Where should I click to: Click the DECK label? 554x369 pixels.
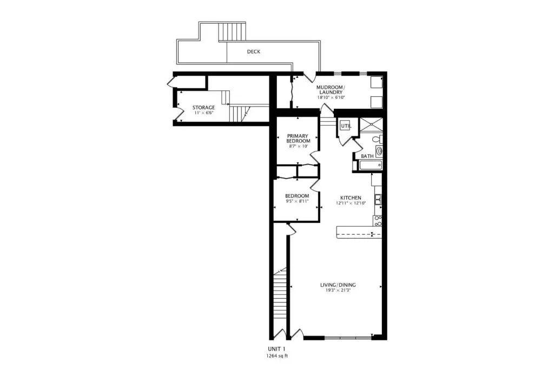click(253, 51)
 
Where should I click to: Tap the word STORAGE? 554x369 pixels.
click(203, 108)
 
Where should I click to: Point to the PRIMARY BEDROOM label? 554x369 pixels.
click(298, 138)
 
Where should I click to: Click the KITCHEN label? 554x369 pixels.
click(351, 198)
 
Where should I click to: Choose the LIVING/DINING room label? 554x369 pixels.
click(338, 285)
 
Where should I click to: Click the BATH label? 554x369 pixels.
click(367, 156)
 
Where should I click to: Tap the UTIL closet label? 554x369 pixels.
click(346, 126)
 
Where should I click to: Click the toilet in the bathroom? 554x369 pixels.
click(378, 139)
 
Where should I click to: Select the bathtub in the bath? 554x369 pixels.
click(371, 165)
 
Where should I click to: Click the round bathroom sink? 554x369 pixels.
click(379, 151)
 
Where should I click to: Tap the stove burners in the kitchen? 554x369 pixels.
click(378, 221)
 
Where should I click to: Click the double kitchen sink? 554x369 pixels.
click(378, 200)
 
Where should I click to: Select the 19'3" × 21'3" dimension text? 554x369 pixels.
click(338, 291)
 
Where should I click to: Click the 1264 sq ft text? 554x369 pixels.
click(277, 356)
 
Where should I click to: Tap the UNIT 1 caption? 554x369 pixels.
click(276, 349)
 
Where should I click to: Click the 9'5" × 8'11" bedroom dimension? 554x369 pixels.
click(297, 201)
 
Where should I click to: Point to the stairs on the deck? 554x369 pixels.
click(232, 32)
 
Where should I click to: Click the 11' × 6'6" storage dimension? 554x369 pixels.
click(203, 113)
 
